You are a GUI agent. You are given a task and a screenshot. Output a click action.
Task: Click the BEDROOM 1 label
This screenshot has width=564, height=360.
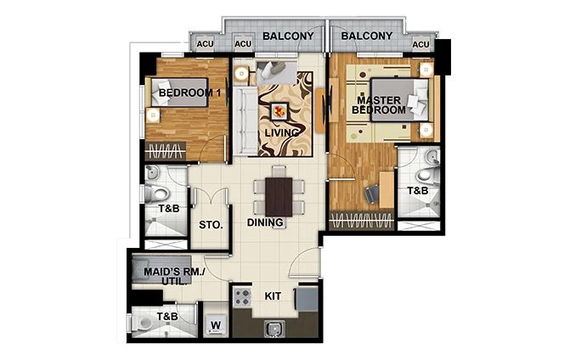190,93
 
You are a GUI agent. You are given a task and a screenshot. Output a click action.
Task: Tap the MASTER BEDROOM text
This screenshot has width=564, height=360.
380,104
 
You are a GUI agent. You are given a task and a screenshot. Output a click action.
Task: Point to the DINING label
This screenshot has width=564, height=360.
266,223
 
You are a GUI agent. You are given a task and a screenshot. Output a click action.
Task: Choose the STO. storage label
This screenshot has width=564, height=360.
211,225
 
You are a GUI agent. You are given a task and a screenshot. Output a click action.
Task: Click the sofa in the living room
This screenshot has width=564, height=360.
246,115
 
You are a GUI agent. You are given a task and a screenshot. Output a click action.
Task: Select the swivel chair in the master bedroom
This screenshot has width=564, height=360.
372,194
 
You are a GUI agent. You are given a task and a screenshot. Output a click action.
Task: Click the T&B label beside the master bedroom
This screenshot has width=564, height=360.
417,192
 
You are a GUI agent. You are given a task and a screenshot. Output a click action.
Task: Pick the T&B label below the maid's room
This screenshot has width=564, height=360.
167,318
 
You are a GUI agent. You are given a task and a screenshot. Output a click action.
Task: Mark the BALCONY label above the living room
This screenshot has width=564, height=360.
289,37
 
